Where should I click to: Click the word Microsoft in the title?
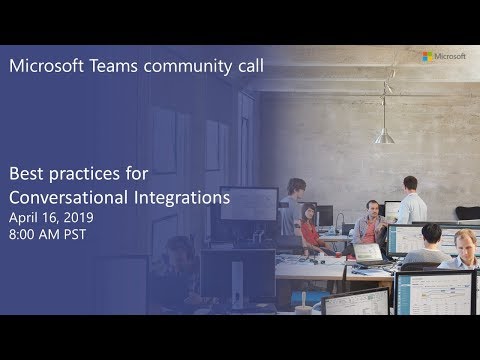45,67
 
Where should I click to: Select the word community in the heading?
184,67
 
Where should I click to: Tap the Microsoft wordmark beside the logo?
453,56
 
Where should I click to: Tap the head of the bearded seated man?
372,207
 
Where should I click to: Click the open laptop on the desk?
369,253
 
